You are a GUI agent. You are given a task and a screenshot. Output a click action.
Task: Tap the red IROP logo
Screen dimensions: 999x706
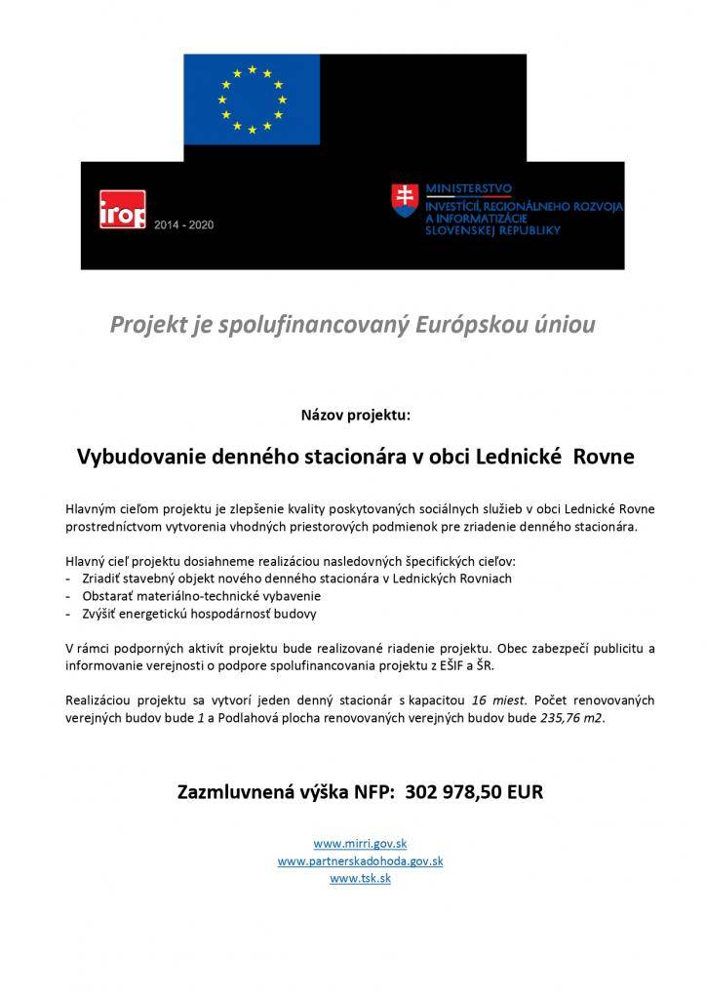pos(123,210)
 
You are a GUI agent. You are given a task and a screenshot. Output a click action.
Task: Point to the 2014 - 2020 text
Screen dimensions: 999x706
pos(183,224)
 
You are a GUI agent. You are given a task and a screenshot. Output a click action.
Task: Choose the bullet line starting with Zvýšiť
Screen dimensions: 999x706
pos(199,614)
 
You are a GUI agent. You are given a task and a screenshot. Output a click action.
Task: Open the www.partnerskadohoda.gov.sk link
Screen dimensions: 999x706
pos(360,861)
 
